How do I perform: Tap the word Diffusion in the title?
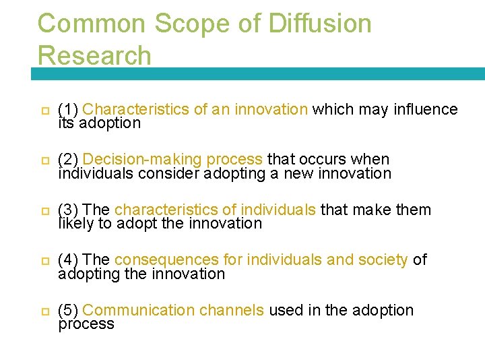(319, 24)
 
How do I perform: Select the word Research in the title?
(95, 55)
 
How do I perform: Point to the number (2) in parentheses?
(69, 160)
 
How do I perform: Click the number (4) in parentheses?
(69, 260)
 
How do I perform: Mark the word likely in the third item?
(75, 224)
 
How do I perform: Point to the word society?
(384, 260)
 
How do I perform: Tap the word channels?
(232, 310)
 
